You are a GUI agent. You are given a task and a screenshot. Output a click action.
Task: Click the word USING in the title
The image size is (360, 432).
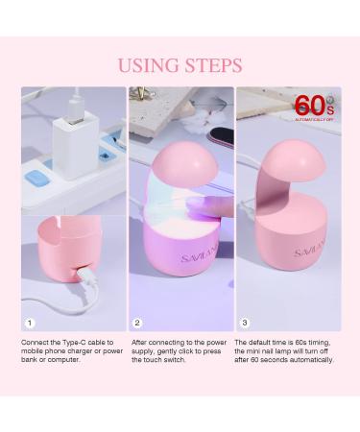click(147, 65)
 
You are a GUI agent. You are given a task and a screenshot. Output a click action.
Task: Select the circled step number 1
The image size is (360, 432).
click(30, 323)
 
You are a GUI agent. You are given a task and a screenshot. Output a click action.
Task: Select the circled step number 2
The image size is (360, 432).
click(137, 323)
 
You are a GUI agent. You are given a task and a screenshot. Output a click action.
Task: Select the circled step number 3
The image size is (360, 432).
click(245, 323)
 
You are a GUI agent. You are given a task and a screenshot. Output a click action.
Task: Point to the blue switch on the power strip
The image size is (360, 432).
click(39, 177)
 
